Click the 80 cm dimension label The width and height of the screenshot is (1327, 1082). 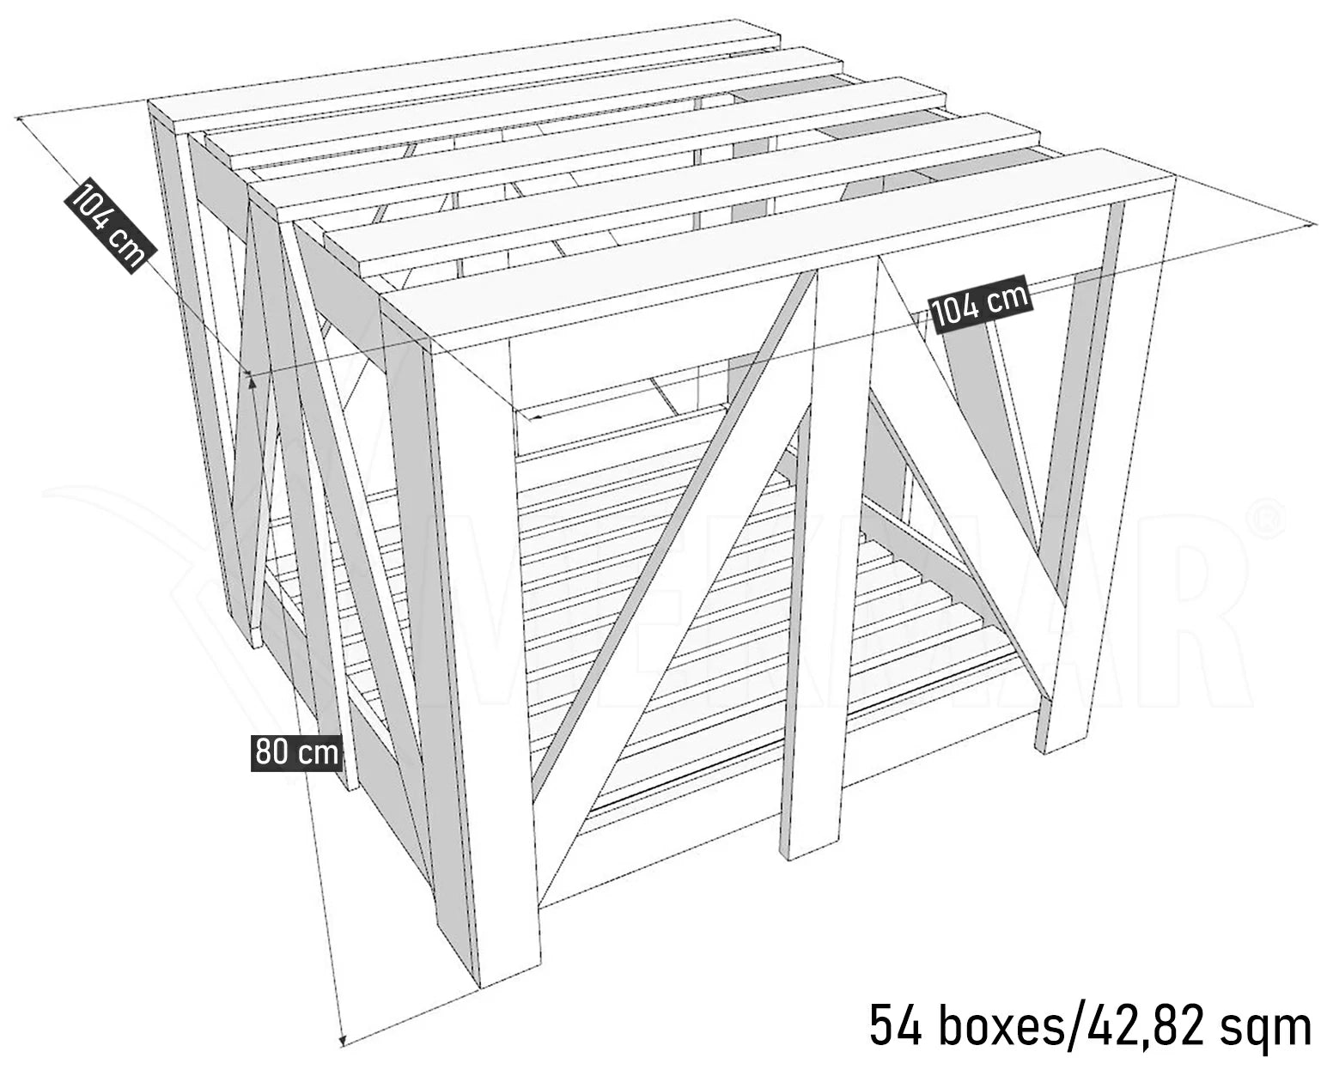296,753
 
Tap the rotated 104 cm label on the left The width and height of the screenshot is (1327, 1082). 110,225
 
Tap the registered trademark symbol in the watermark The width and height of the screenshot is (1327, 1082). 1268,520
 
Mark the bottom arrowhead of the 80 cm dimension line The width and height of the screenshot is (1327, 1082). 342,1041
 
